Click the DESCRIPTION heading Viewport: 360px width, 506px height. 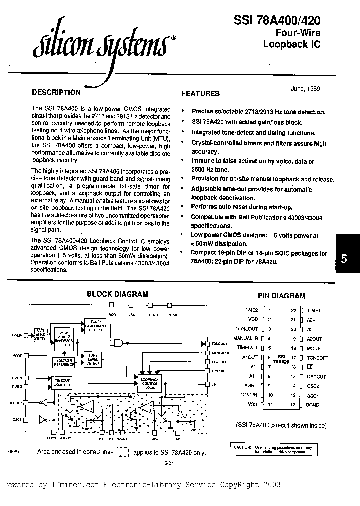click(x=56, y=92)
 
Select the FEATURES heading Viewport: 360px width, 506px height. click(x=200, y=93)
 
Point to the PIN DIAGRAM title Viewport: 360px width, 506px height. click(x=281, y=296)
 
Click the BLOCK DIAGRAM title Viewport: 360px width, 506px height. click(x=117, y=294)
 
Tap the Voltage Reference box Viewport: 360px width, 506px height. click(x=65, y=362)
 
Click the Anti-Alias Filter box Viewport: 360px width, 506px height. click(x=40, y=335)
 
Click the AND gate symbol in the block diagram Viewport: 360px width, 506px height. click(x=120, y=342)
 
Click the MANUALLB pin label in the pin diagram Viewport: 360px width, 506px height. click(x=245, y=338)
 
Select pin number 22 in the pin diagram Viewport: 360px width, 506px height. click(x=294, y=310)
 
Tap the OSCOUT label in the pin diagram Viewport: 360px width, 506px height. click(x=316, y=376)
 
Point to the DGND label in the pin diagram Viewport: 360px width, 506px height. click(x=313, y=404)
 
